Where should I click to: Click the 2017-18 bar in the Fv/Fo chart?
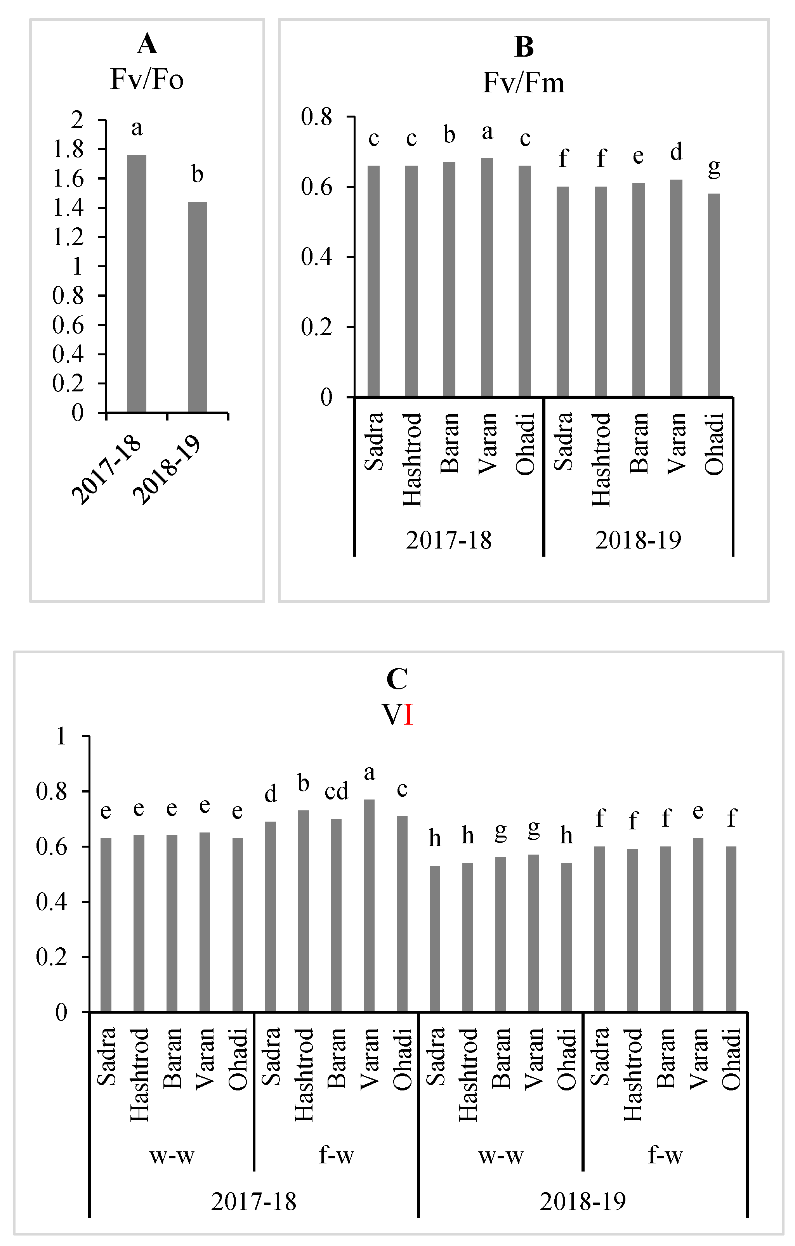(x=137, y=284)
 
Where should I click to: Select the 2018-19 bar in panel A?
(x=197, y=307)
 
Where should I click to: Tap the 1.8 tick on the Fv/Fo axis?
(x=68, y=149)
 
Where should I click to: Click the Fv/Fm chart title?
(x=523, y=83)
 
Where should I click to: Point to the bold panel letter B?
(x=524, y=48)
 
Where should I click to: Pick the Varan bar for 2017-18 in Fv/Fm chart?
(x=487, y=277)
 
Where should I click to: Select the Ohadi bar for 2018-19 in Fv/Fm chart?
(x=714, y=295)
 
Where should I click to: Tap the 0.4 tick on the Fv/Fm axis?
(x=317, y=257)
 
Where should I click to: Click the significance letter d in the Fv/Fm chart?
(x=676, y=152)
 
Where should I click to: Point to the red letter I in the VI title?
(x=408, y=716)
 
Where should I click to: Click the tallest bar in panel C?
(x=369, y=905)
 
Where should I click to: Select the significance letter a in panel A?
(x=137, y=128)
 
